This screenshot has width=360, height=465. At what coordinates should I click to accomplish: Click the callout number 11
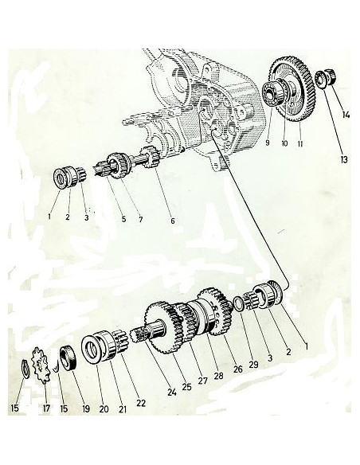(x=300, y=144)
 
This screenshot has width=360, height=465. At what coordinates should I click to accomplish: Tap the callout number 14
(x=346, y=115)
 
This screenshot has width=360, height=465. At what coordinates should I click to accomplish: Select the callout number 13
(x=344, y=160)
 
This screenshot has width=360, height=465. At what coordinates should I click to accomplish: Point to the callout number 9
(x=268, y=143)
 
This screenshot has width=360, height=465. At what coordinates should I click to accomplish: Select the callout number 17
(x=46, y=408)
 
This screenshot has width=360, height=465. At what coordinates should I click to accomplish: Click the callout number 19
(x=86, y=409)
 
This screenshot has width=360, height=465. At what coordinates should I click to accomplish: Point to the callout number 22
(x=141, y=403)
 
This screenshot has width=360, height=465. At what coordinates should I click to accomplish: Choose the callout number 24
(x=172, y=393)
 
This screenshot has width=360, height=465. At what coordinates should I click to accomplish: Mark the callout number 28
(x=218, y=376)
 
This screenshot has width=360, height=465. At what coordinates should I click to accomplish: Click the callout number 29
(x=253, y=365)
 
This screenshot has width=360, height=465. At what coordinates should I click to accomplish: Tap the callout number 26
(x=238, y=369)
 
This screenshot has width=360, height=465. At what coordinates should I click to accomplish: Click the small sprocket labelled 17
(x=41, y=365)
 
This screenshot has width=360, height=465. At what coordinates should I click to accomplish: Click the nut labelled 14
(x=331, y=76)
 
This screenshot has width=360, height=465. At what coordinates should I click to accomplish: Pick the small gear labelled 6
(x=150, y=157)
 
